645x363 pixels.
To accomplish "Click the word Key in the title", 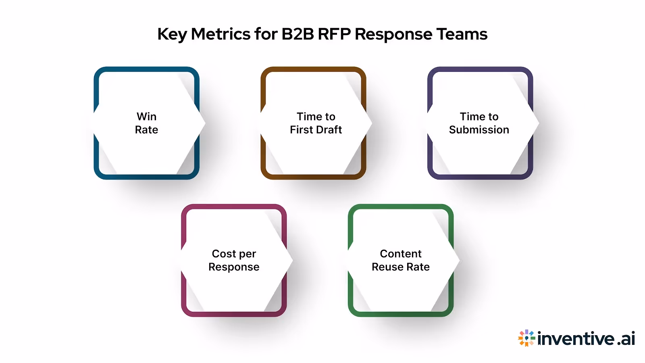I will tap(172, 35).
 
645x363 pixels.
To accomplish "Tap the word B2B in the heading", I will tap(298, 34).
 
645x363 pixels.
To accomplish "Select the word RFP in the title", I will tap(334, 34).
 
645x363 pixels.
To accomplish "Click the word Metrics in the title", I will tap(221, 34).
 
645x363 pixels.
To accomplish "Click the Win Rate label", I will tap(146, 123).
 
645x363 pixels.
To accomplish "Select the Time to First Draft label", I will tap(316, 123).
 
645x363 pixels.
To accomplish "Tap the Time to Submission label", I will tap(479, 123).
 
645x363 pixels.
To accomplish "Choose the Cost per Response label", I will tap(234, 260).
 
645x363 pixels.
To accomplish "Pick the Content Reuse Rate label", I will tap(401, 260).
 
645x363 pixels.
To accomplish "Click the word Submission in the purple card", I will tap(479, 130).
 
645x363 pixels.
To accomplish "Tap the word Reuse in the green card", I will tap(387, 267).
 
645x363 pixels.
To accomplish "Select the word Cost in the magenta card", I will tap(224, 254).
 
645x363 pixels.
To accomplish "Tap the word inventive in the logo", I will tap(576, 338).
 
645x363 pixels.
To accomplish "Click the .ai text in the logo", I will tap(626, 338).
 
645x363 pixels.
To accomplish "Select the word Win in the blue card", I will tap(146, 117).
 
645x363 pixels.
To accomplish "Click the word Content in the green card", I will tap(401, 254).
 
